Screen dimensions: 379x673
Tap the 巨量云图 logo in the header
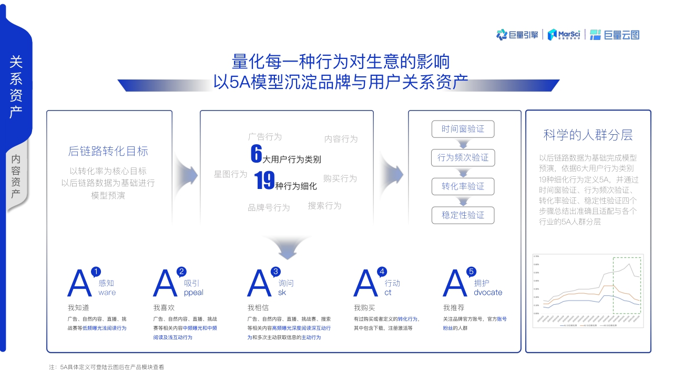[614, 35]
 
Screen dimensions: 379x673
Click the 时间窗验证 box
[463, 129]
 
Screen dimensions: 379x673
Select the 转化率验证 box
[463, 186]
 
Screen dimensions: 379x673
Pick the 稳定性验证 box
[463, 215]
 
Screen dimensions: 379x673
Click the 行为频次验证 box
[463, 157]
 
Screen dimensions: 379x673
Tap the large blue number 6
[256, 154]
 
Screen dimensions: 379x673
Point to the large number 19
[264, 181]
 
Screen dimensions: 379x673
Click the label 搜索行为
[324, 206]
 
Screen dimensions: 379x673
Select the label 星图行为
[230, 174]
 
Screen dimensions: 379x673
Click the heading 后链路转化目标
[108, 151]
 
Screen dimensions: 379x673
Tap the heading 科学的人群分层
[588, 135]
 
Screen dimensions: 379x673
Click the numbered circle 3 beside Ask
[276, 272]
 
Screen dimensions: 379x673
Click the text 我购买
[364, 307]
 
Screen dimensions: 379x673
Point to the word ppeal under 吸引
[193, 293]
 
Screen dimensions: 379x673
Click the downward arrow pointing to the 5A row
[287, 247]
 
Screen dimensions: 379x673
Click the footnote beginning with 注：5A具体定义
[107, 367]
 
